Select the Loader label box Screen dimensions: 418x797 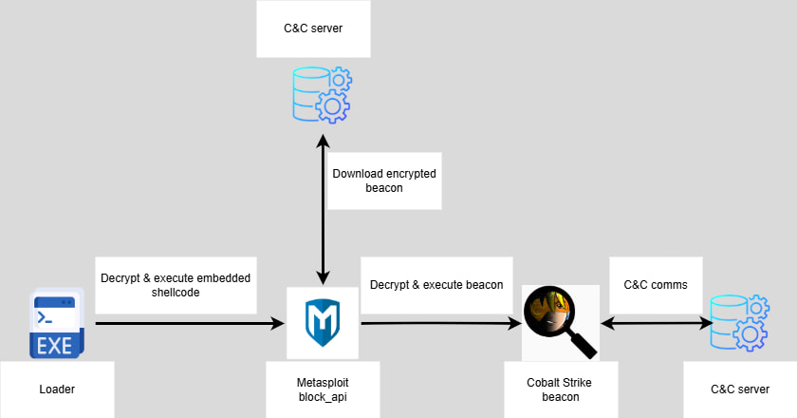[x=57, y=389]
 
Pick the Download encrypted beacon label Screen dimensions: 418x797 [x=384, y=180]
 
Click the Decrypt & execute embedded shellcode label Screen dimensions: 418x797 [x=176, y=285]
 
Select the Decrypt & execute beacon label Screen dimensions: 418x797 [x=436, y=283]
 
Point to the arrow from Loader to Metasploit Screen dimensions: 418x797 [x=190, y=324]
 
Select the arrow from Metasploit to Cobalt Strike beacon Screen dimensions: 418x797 [x=436, y=324]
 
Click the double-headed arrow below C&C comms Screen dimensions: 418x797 [x=655, y=324]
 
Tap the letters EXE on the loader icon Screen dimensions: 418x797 [x=56, y=346]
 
